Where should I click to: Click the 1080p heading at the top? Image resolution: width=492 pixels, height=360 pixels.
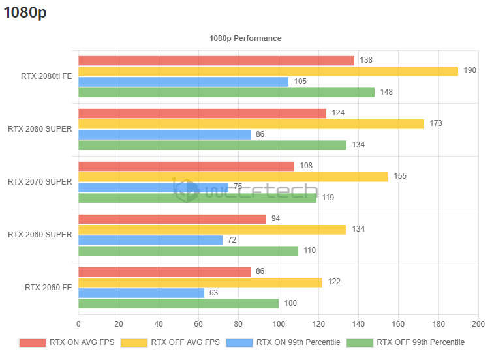click(25, 12)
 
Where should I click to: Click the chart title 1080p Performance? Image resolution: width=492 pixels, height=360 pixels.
click(245, 38)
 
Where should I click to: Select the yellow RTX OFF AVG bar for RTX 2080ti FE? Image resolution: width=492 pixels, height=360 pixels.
click(268, 71)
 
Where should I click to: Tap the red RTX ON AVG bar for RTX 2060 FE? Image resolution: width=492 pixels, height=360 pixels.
click(164, 271)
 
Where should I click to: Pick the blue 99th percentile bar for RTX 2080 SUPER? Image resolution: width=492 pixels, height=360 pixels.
click(164, 134)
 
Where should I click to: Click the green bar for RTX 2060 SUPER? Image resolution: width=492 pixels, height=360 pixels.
click(188, 250)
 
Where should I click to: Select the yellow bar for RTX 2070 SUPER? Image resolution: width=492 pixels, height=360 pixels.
click(233, 176)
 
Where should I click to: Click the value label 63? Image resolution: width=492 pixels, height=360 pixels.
click(214, 293)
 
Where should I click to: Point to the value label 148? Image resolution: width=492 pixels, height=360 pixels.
click(386, 93)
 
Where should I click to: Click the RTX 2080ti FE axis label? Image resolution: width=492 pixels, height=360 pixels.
click(46, 76)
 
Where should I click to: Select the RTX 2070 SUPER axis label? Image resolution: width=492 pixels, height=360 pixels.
click(40, 182)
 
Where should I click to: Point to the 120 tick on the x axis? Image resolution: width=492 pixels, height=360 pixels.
click(318, 323)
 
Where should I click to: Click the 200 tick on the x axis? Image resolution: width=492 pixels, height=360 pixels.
click(478, 323)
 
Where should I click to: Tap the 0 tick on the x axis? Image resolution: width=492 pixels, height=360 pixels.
click(79, 323)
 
